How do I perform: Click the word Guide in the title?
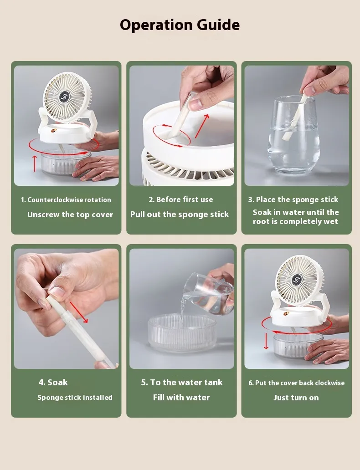pos(218,25)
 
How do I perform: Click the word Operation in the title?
pos(155,25)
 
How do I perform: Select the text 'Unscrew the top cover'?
pos(70,215)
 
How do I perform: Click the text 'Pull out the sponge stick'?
pos(180,215)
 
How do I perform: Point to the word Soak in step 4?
pos(57,383)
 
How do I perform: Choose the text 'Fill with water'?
pos(181,398)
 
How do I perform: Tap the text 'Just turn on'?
pos(296,398)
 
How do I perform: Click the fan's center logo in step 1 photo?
pos(65,97)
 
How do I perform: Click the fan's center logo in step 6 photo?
pos(297,280)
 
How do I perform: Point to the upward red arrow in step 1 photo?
pos(35,163)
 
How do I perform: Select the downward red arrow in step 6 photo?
pos(266,341)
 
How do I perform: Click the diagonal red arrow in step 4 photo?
pos(79,312)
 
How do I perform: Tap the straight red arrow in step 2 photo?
pos(202,126)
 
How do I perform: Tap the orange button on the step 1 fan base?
pos(54,131)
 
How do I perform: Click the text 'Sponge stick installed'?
pos(75,398)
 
